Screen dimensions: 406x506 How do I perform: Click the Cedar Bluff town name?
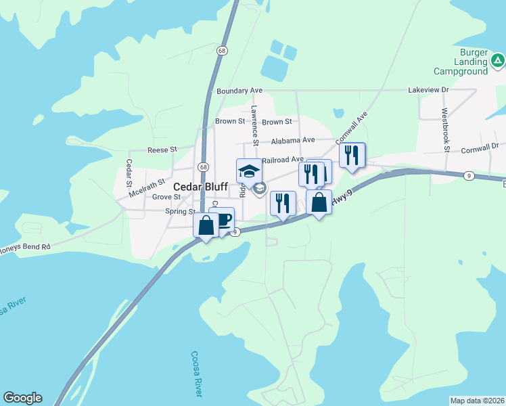(200, 186)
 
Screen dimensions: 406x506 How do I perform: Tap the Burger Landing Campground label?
(461, 62)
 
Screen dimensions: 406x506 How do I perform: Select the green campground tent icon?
(498, 62)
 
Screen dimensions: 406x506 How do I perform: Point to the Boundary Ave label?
(239, 91)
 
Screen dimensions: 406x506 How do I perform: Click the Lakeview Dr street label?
(428, 89)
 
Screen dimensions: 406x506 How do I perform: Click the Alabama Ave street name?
(293, 140)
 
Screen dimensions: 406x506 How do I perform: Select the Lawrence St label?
(255, 125)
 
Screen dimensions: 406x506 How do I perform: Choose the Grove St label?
(166, 197)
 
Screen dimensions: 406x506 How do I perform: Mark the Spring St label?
(180, 211)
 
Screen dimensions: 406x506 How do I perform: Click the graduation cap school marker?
(249, 171)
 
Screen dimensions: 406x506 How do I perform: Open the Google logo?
(22, 398)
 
